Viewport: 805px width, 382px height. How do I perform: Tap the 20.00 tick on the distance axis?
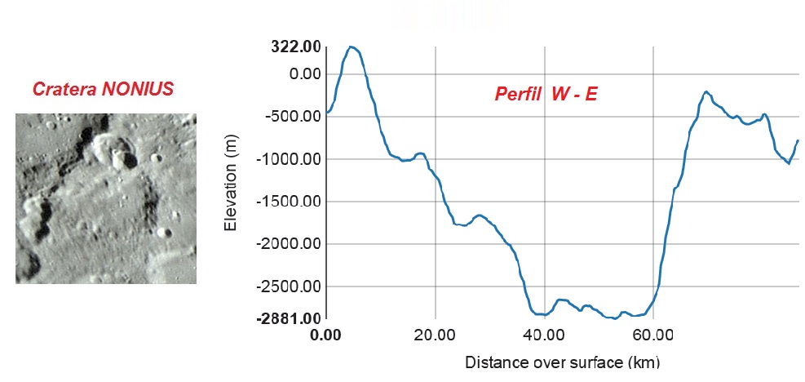tap(435, 334)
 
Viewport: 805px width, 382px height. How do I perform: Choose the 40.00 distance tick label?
tap(544, 334)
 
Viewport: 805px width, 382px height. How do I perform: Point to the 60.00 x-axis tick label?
tap(653, 334)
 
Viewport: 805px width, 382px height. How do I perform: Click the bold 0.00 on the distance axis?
tap(325, 334)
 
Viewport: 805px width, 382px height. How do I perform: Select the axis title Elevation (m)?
tap(231, 184)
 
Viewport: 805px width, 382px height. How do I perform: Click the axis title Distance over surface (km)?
tap(562, 362)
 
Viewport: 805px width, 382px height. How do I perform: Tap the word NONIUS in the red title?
tap(138, 89)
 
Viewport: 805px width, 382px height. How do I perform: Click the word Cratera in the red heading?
tap(66, 89)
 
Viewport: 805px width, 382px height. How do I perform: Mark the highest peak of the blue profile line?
tap(352, 47)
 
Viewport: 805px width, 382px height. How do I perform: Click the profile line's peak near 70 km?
tap(706, 91)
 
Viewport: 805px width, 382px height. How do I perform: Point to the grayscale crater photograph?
tap(106, 198)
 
